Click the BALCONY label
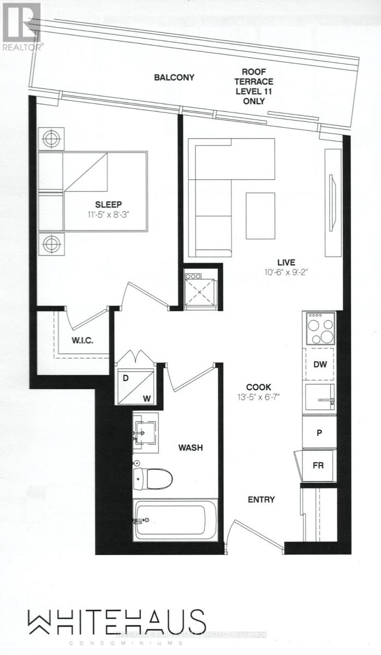click(174, 78)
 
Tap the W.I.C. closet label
click(83, 341)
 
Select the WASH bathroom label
click(191, 448)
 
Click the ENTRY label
click(261, 499)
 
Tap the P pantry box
click(320, 431)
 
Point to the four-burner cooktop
click(320, 329)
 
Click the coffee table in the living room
click(260, 216)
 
